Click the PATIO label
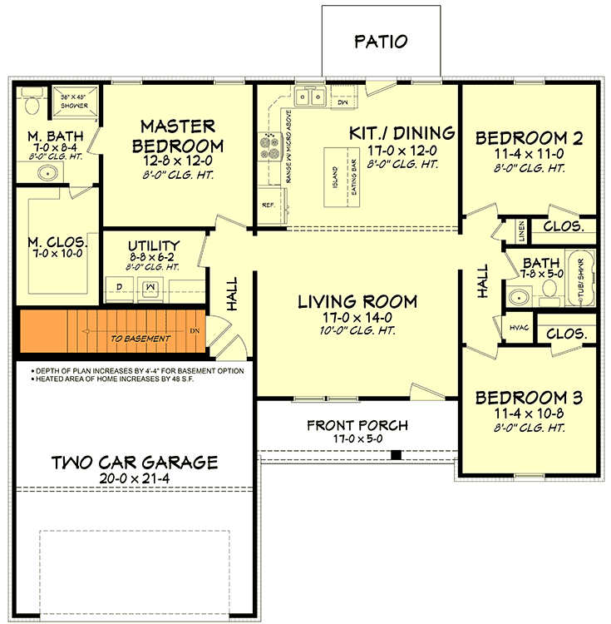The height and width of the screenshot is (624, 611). [x=382, y=41]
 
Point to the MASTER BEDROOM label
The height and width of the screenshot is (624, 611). [x=177, y=136]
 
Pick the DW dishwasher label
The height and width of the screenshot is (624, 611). [x=342, y=103]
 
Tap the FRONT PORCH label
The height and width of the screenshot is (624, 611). [x=357, y=425]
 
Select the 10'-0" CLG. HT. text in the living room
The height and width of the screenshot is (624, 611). [x=357, y=330]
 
